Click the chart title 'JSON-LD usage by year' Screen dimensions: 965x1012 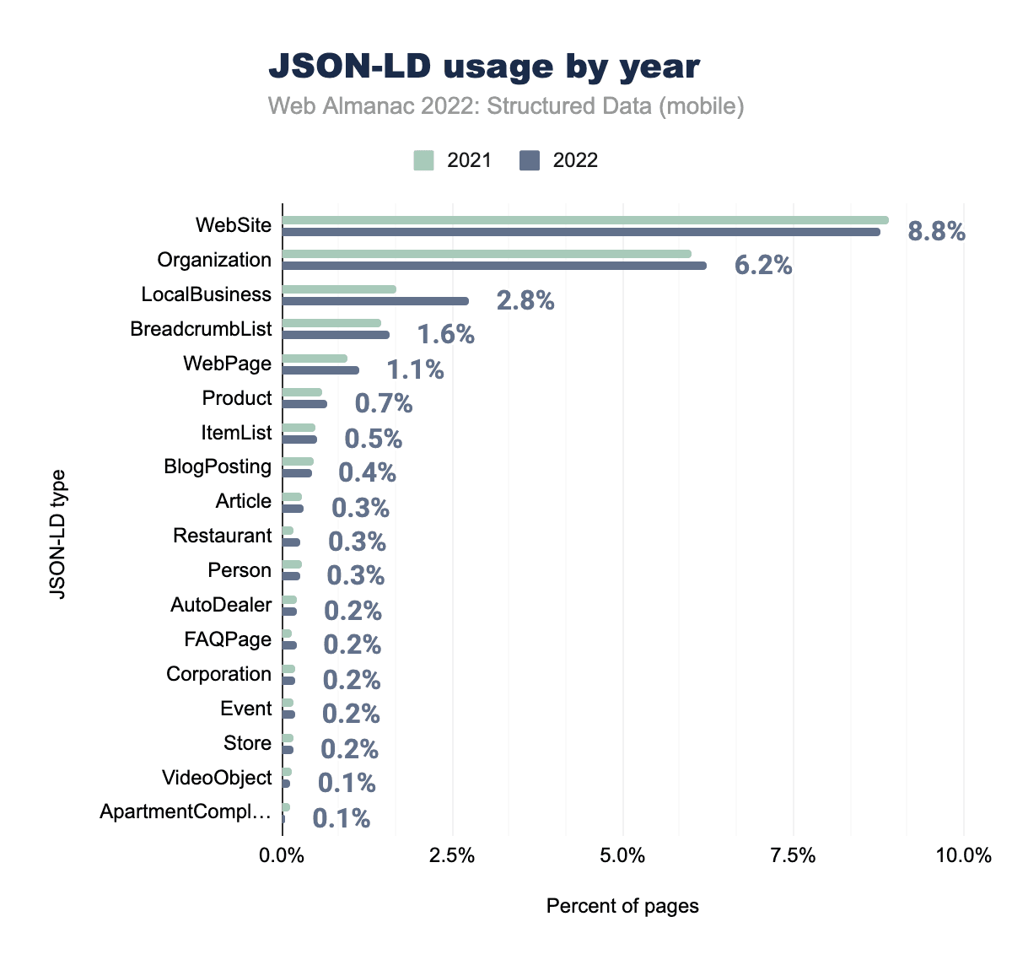(x=484, y=67)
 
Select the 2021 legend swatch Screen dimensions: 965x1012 (x=423, y=160)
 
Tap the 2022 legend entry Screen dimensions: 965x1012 (x=559, y=160)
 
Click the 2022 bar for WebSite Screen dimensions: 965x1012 (x=581, y=232)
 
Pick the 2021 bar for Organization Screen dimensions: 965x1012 (x=487, y=254)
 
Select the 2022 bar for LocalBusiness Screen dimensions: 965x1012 (x=375, y=301)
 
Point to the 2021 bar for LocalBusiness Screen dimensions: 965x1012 (x=339, y=289)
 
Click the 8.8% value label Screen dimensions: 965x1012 (x=936, y=231)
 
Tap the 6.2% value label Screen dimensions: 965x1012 (x=763, y=266)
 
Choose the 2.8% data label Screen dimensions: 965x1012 (x=525, y=300)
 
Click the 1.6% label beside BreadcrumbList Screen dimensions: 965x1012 (x=446, y=335)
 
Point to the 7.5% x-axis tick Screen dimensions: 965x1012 (x=794, y=856)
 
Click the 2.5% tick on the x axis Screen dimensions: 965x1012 (x=453, y=856)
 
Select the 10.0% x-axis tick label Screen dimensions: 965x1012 (x=964, y=856)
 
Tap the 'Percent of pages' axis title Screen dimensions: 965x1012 (x=622, y=906)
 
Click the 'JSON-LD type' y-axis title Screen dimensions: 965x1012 (x=57, y=534)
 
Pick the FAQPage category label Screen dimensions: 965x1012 (x=228, y=639)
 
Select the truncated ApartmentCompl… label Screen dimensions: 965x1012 (x=186, y=812)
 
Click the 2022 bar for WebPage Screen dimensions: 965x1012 (x=320, y=370)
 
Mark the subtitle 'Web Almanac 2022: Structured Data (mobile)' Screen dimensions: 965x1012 (x=506, y=106)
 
